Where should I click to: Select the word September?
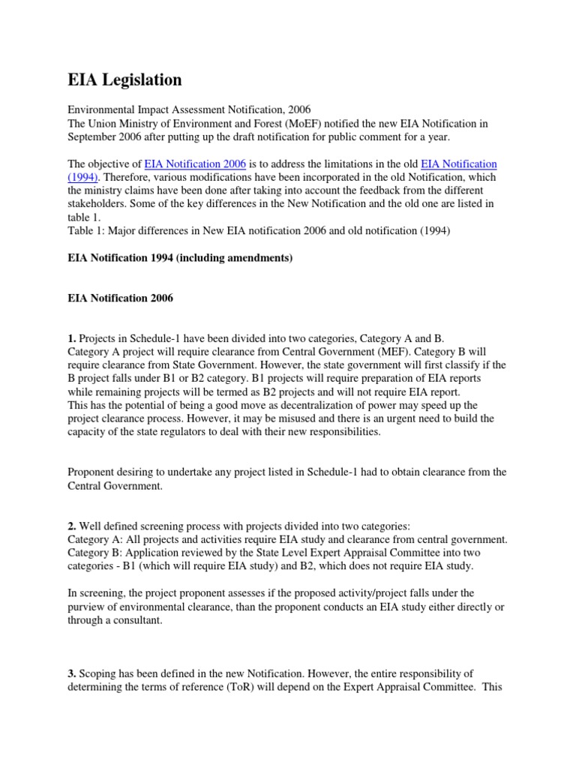point(93,136)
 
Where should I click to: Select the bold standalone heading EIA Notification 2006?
point(121,298)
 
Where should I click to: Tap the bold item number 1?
point(72,338)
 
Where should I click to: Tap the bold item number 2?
point(72,526)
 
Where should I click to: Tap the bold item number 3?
point(72,674)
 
